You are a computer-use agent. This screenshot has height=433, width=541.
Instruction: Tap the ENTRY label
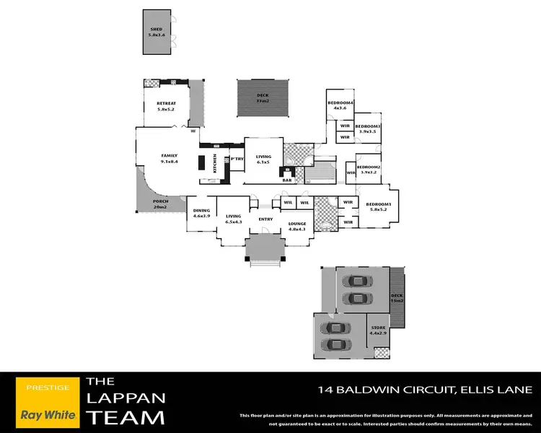tap(265, 219)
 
